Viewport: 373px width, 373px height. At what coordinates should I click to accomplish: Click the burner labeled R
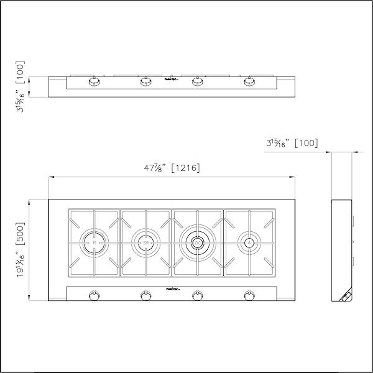(94, 242)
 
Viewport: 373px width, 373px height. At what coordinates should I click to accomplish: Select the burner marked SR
(145, 242)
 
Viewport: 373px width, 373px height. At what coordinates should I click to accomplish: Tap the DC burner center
(197, 242)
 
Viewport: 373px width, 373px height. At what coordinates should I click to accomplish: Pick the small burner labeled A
(248, 242)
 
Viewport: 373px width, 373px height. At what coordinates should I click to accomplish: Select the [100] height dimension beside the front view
(21, 87)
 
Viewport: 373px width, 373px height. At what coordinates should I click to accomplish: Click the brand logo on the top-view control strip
(172, 289)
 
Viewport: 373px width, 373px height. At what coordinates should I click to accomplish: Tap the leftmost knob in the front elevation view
(94, 81)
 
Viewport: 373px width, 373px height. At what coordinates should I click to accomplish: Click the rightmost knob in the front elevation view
(250, 81)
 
